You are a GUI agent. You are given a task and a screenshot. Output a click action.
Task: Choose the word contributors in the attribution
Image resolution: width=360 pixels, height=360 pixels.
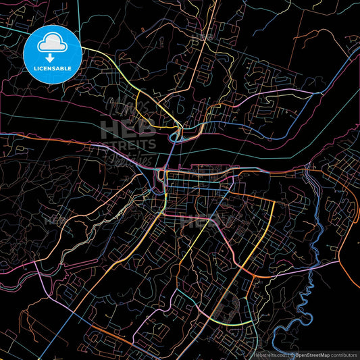pyautogui.click(x=342, y=354)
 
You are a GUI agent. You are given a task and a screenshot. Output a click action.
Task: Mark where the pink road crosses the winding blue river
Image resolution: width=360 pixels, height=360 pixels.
pyautogui.click(x=315, y=224)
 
